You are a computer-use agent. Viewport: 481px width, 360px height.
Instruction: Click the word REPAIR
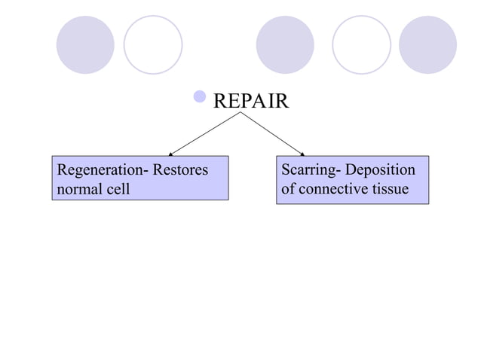[x=250, y=101]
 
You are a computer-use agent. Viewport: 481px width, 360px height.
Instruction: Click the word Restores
[x=180, y=170]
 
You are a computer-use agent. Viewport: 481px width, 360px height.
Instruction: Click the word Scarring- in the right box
[x=311, y=170]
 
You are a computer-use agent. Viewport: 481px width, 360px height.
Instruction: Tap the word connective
[x=336, y=188]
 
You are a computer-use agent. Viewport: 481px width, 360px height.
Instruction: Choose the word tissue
[x=392, y=188]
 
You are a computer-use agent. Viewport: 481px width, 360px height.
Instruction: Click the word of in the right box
[x=288, y=188]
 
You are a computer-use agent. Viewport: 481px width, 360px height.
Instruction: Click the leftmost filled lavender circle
[x=85, y=44]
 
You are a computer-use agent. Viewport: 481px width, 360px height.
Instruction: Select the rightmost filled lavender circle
[x=427, y=44]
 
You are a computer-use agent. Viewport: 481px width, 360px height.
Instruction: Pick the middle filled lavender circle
[x=284, y=44]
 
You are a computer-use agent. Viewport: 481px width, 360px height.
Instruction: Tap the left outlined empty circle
[x=153, y=44]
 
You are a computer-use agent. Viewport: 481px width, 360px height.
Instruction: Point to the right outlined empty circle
[x=361, y=44]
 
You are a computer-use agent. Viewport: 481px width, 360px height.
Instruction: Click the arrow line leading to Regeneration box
[x=205, y=133]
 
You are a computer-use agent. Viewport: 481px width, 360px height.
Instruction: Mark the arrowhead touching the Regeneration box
[x=170, y=154]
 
